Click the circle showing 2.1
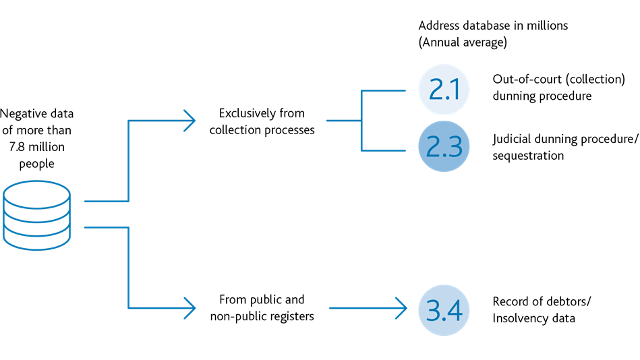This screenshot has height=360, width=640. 444,90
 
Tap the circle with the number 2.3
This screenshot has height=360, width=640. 444,146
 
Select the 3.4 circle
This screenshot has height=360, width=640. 444,310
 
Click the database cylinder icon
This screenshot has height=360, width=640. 36,215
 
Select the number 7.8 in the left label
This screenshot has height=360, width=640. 17,147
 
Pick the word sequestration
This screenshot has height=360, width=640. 528,156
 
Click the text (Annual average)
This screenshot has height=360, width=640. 463,42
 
